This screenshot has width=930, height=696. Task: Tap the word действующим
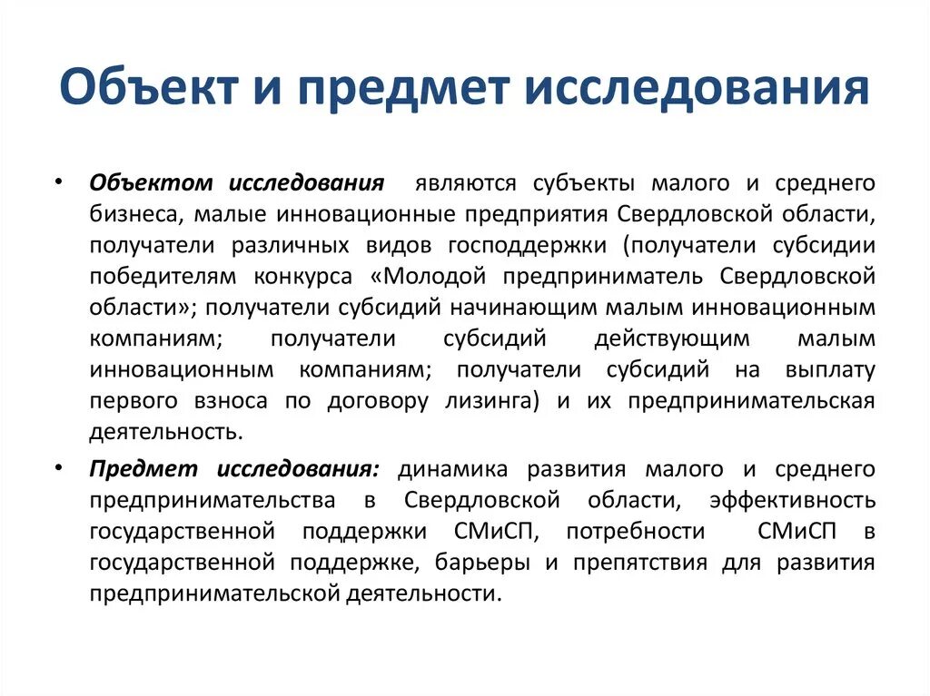672,339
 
